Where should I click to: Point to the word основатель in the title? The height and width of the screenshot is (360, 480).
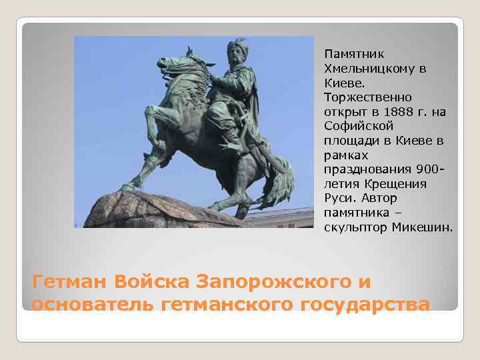[93, 305]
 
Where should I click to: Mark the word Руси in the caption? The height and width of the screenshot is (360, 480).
[338, 198]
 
